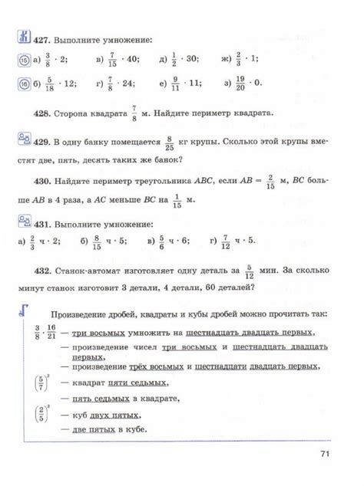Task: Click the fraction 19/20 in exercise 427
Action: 240,83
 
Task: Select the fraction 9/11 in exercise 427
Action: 175,83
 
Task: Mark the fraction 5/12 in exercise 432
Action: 249,272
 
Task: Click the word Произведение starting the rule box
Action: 78,314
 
